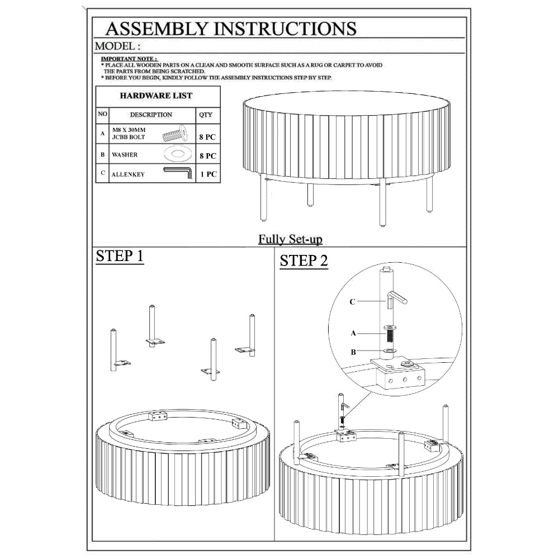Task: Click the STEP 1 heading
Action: pos(120,257)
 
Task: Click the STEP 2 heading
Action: pos(304,261)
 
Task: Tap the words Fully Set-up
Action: pos(290,239)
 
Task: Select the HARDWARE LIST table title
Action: pos(156,96)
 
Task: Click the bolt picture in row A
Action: pos(175,133)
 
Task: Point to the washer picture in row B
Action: pos(178,154)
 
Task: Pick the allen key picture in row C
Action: pos(178,173)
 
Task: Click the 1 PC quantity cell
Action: pos(208,174)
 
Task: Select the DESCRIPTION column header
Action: pos(151,115)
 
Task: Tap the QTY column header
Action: pos(206,115)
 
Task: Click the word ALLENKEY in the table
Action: pos(128,174)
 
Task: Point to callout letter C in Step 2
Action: pos(352,302)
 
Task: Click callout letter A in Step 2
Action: pos(353,333)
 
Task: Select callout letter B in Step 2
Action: pos(353,352)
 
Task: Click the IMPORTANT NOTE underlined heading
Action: pos(130,59)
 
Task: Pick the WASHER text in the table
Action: pos(125,155)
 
